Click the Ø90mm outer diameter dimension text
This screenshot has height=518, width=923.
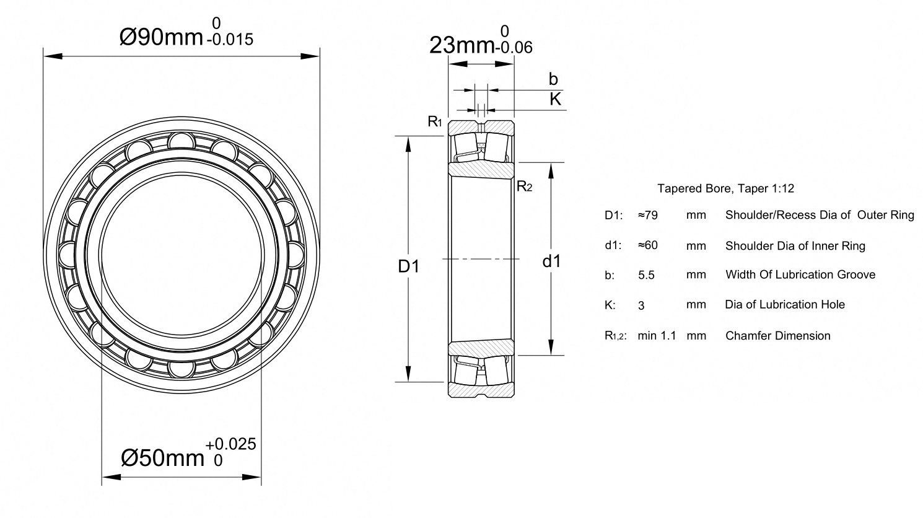(x=161, y=38)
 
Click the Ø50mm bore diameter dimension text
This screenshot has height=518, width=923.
(x=163, y=457)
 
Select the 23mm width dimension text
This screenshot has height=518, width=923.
(x=461, y=45)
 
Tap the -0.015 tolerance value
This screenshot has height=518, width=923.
(x=230, y=40)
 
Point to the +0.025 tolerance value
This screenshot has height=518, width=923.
(x=230, y=444)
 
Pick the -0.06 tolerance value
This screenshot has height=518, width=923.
(x=514, y=48)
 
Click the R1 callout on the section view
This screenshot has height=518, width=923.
(x=435, y=121)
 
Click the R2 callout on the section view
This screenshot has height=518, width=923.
(x=524, y=187)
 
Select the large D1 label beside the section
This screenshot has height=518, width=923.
(x=408, y=266)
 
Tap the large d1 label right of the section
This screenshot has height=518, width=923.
(x=552, y=261)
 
